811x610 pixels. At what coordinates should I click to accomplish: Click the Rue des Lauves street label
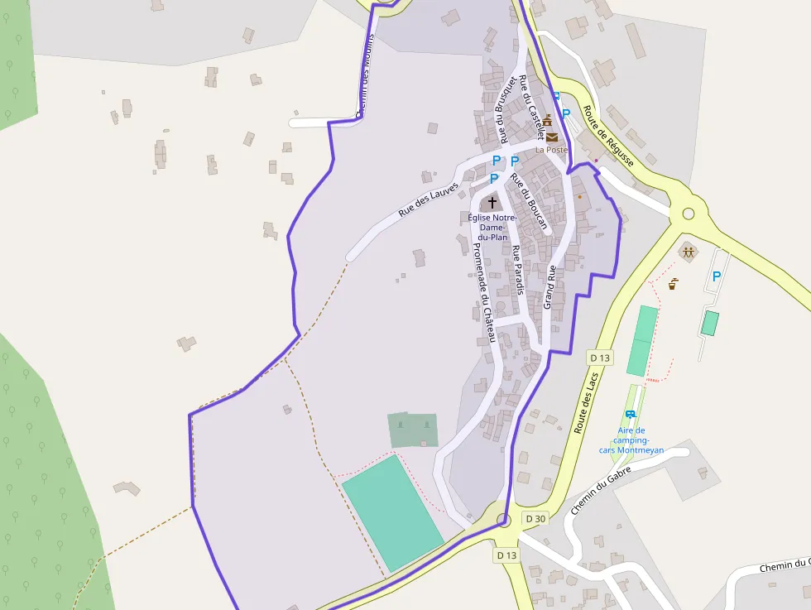coord(428,199)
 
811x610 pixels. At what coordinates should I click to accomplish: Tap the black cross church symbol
coord(492,202)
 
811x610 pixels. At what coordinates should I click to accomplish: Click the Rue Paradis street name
coord(517,270)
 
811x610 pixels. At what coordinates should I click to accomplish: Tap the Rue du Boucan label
coord(529,202)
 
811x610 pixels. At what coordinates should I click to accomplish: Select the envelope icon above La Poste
coord(551,137)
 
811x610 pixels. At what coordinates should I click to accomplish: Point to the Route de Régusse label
coord(608,137)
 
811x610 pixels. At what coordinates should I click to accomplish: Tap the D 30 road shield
coord(535,519)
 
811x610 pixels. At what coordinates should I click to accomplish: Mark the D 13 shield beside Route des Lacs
coord(600,358)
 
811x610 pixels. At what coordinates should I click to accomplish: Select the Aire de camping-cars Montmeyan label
coord(632,440)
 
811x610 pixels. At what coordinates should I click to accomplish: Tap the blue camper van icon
coord(631,414)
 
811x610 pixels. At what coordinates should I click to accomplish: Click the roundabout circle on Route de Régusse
coord(688,214)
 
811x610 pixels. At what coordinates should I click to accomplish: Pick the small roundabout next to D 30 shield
coord(504,520)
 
